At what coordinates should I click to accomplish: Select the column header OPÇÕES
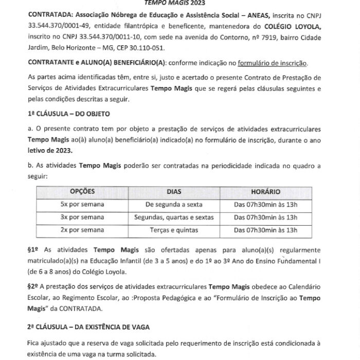[x=82, y=191]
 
